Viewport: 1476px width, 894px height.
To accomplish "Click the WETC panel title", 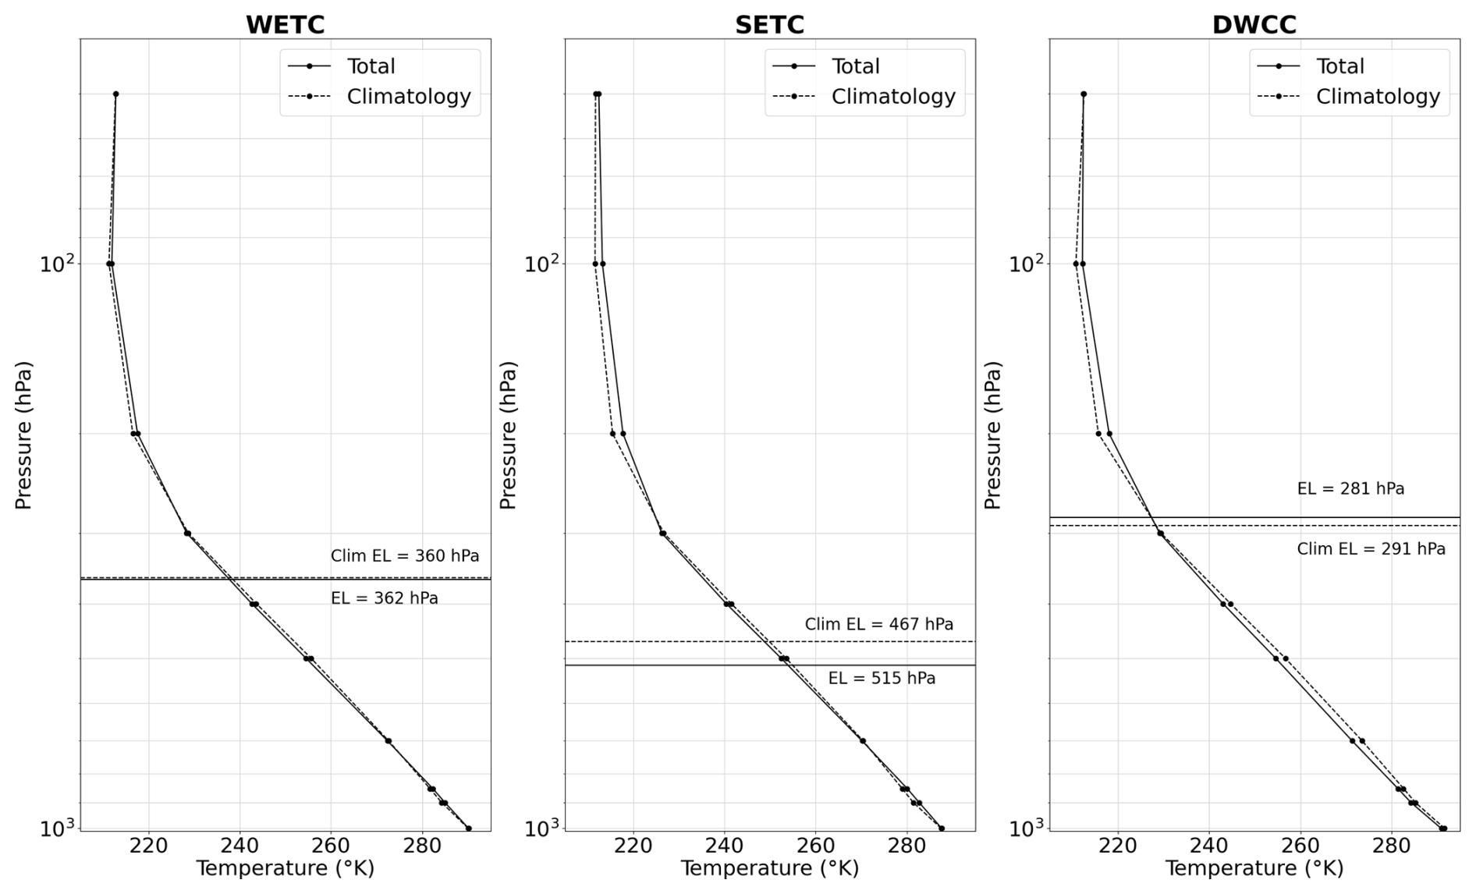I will pos(285,25).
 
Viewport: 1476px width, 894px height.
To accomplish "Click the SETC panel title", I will pos(769,25).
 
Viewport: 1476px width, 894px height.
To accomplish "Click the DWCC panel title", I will pos(1254,25).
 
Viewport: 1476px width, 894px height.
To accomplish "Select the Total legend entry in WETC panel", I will pos(371,66).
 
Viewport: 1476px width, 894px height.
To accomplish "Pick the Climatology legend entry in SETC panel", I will pos(892,97).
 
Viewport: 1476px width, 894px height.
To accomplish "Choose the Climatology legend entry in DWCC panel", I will pos(1377,97).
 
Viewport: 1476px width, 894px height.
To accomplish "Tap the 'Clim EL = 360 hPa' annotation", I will pos(405,556).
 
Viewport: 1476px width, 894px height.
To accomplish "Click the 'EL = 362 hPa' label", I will pos(385,598).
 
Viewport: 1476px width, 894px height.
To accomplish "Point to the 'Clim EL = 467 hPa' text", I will pos(879,624).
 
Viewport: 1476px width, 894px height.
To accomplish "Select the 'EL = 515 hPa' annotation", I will pos(882,679).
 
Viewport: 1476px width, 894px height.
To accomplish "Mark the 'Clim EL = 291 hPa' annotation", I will pos(1371,549).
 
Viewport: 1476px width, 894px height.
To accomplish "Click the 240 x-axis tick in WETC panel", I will pos(239,846).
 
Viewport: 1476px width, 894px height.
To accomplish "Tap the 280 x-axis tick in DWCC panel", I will pos(1391,846).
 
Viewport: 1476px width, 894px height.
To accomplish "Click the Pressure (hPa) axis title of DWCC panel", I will pos(992,435).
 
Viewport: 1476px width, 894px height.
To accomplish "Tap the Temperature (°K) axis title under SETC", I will pos(769,868).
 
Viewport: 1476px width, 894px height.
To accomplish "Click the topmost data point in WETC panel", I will pos(115,94).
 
